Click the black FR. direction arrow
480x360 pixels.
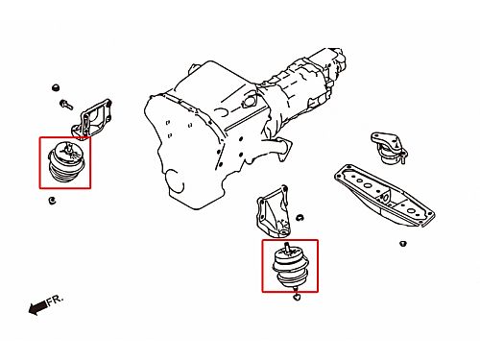(x=37, y=307)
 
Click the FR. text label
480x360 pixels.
(x=56, y=300)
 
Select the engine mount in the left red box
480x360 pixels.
(x=66, y=162)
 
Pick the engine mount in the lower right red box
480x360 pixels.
(x=291, y=266)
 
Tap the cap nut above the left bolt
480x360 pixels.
(x=56, y=87)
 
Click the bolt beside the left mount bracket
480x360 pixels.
(x=66, y=105)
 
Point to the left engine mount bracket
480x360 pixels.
(x=91, y=119)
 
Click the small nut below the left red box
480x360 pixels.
(x=52, y=201)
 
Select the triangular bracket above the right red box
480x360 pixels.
(x=273, y=212)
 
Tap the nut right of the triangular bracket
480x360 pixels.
(x=300, y=218)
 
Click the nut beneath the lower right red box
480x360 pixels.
(x=297, y=298)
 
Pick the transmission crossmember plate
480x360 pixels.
(x=384, y=196)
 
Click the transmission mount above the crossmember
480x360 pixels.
(x=390, y=148)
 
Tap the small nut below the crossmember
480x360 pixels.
(x=403, y=244)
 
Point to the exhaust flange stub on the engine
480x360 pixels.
(x=279, y=149)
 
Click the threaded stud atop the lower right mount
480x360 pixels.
(x=287, y=248)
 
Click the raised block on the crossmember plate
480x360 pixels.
(x=385, y=195)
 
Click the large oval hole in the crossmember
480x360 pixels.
(x=369, y=185)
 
